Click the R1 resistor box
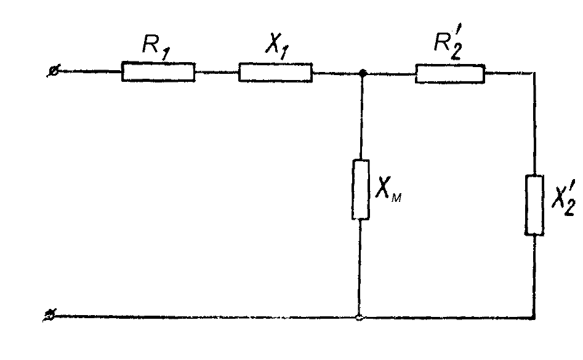coord(158,72)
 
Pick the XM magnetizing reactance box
coord(361,189)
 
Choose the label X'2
coord(561,198)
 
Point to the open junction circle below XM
coord(360,318)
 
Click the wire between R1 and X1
coord(217,73)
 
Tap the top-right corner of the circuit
coord(534,74)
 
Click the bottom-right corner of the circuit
coord(534,318)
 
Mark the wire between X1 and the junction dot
coord(337,73)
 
